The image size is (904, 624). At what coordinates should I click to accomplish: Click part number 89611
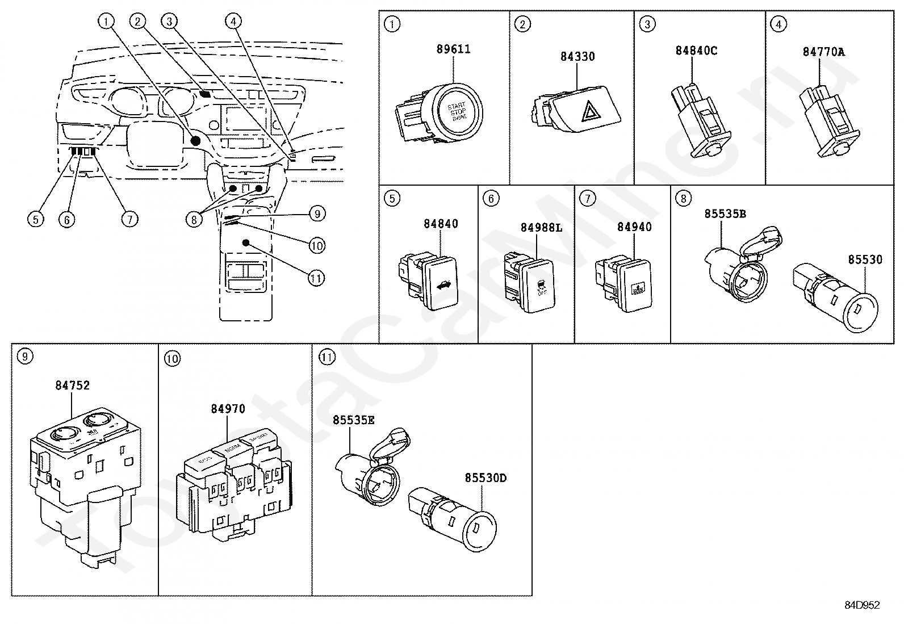453,49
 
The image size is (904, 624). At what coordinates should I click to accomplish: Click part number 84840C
696,51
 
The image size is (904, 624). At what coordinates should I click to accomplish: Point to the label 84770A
823,52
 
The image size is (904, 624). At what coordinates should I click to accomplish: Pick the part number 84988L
541,227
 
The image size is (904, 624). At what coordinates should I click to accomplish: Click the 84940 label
634,227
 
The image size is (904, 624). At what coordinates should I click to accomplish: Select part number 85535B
725,214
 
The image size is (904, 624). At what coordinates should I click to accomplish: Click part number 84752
72,386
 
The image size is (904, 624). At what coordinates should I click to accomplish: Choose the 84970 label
228,409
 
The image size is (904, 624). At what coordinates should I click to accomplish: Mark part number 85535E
354,420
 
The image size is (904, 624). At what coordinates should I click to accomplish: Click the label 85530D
486,478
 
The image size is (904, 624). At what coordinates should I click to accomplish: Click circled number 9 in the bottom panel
25,357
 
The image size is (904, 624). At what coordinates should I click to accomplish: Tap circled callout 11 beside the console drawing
316,278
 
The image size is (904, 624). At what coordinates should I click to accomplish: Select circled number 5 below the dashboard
36,219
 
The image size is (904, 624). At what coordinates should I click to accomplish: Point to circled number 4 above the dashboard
232,21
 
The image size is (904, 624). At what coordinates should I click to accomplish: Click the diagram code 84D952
861,605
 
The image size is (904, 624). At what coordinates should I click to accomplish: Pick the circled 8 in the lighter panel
683,198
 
